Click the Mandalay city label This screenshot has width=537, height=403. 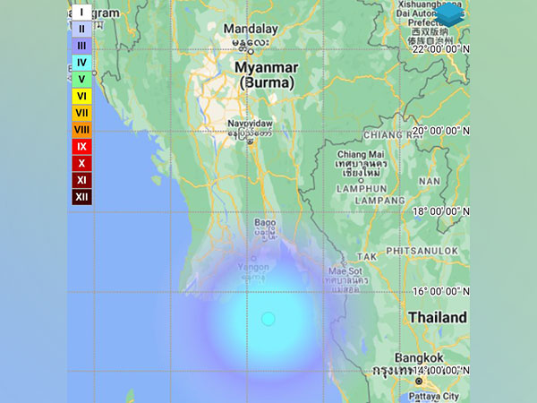[252, 28]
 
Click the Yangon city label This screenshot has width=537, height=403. [253, 266]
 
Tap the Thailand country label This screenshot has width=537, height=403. [437, 318]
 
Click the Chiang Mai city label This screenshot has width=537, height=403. [360, 158]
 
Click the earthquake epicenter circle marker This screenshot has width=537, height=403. [268, 319]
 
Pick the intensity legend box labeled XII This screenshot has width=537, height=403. [81, 197]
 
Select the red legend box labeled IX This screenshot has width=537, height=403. [81, 146]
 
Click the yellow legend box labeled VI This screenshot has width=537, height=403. [81, 96]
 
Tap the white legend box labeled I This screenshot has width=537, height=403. [81, 13]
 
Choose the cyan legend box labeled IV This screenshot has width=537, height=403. [81, 63]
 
